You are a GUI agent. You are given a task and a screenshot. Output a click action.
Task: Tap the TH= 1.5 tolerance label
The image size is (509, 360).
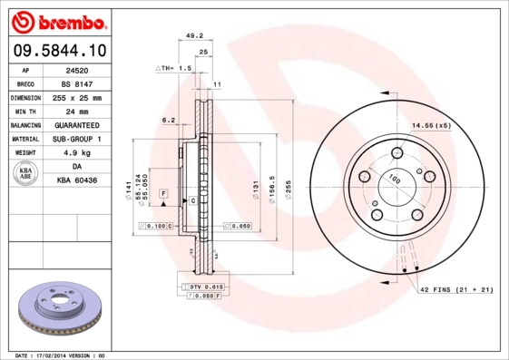tap(175, 68)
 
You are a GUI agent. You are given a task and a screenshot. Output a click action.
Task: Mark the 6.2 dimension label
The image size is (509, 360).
tap(168, 120)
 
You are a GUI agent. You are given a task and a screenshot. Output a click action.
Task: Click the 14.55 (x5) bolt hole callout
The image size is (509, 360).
tap(432, 125)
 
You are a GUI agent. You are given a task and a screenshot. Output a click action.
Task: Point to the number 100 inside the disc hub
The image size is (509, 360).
tap(395, 180)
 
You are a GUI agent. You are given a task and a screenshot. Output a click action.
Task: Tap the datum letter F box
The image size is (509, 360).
tap(164, 194)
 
